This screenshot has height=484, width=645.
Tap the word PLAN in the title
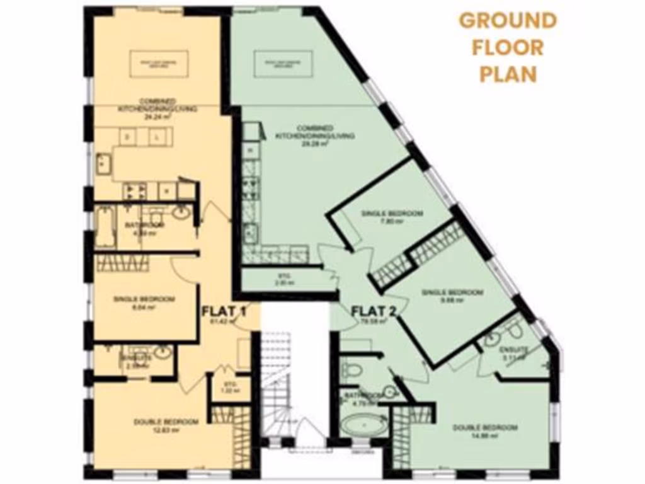pyautogui.click(x=508, y=74)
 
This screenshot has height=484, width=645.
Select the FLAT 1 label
pyautogui.click(x=223, y=311)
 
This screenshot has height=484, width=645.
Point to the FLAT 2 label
pyautogui.click(x=372, y=311)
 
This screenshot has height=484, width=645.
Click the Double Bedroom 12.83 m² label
pyautogui.click(x=166, y=425)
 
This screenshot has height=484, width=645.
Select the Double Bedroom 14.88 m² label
pyautogui.click(x=486, y=430)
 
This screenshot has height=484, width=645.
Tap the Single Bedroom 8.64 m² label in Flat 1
pyautogui.click(x=144, y=302)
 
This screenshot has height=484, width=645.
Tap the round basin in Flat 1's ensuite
pyautogui.click(x=162, y=353)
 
